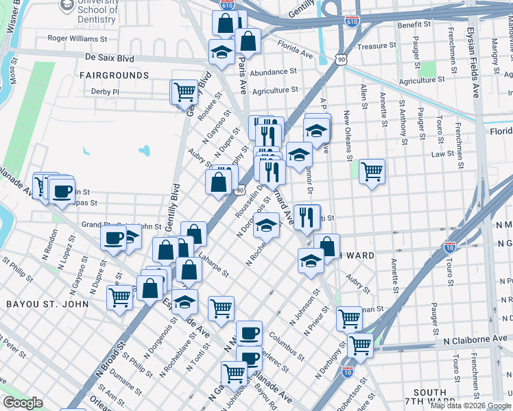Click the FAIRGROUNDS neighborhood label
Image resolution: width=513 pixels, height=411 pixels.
[x=114, y=75]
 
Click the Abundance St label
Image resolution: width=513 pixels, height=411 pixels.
[x=273, y=71]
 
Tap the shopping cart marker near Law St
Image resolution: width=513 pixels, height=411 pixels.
[x=372, y=171]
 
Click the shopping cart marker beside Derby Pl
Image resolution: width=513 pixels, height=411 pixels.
[x=184, y=92]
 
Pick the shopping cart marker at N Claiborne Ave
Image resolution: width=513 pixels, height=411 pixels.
[x=360, y=346]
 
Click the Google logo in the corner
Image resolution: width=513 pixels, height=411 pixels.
[x=23, y=403]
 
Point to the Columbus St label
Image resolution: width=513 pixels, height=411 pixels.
[x=287, y=346]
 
